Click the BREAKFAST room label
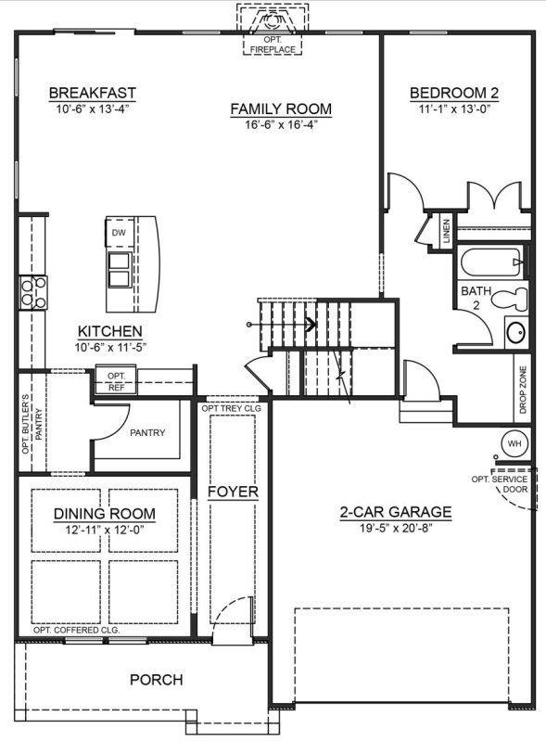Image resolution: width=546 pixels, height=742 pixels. (92, 93)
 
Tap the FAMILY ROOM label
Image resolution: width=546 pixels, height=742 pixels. (280, 109)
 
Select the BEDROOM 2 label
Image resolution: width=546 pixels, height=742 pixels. (454, 93)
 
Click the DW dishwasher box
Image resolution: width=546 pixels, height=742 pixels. (119, 233)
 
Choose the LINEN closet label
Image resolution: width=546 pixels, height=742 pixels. (446, 228)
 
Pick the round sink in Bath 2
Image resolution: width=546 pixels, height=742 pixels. (515, 331)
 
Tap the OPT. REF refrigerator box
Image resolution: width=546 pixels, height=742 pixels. (116, 380)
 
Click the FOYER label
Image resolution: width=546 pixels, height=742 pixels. (233, 492)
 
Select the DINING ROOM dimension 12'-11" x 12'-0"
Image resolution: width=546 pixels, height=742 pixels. (103, 529)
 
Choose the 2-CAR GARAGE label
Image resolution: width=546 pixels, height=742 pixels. (395, 511)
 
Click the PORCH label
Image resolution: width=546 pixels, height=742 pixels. (156, 680)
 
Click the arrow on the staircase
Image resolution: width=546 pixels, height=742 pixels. (311, 325)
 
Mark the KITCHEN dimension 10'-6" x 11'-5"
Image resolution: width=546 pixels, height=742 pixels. (110, 347)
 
